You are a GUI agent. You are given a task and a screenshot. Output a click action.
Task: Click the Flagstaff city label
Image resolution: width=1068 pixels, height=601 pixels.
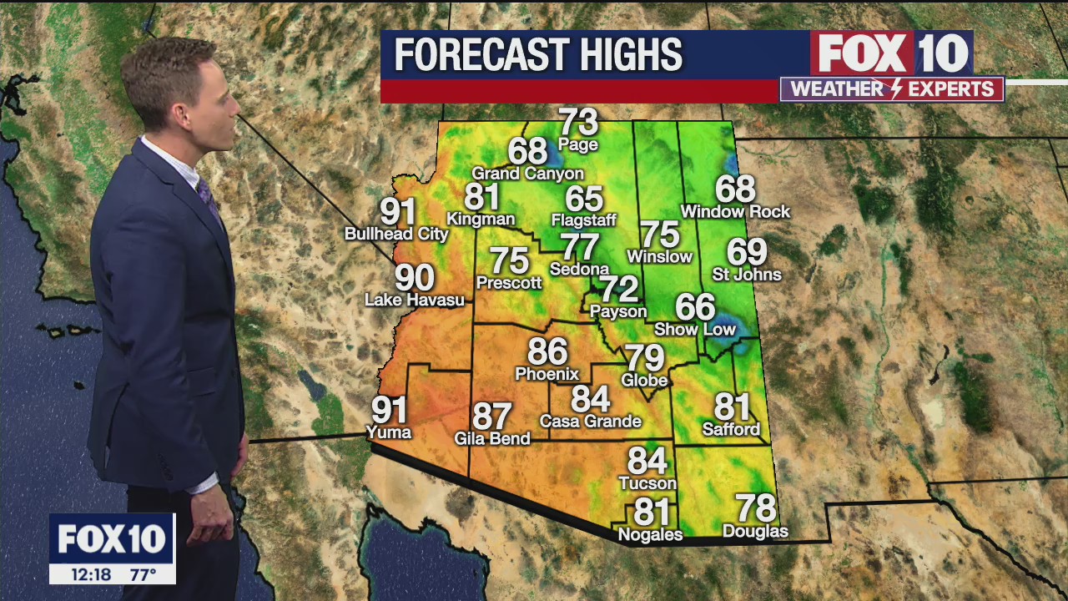[x=583, y=220]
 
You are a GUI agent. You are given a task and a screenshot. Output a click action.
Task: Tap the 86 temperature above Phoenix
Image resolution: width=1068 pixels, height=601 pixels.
[x=547, y=351]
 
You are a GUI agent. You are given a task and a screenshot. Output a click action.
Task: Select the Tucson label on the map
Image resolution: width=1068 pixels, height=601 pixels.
[x=647, y=483]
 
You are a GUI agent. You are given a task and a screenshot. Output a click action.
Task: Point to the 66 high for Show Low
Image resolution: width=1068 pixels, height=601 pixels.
[x=695, y=307]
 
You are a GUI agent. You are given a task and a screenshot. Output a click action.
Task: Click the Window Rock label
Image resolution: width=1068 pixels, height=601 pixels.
[x=735, y=212]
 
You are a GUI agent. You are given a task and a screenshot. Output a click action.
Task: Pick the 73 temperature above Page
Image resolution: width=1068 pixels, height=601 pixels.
[x=578, y=122]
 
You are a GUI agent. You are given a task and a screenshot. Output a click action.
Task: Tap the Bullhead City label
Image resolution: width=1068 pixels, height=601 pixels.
[x=397, y=235]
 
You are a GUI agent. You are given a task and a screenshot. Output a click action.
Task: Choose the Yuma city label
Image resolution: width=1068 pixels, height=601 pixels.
[x=389, y=432]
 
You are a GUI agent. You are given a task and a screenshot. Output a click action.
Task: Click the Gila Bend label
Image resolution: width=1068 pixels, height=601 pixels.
[x=492, y=438]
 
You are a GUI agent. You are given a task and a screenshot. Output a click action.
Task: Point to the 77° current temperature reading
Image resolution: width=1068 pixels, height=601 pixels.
[x=143, y=574]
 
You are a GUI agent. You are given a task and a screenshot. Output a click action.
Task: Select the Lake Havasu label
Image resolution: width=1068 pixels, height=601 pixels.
[x=415, y=300]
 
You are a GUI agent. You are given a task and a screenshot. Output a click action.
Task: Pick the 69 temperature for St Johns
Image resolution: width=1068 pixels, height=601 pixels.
[x=747, y=251]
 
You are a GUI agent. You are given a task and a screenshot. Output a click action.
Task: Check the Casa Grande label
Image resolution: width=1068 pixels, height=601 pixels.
[x=590, y=422]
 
